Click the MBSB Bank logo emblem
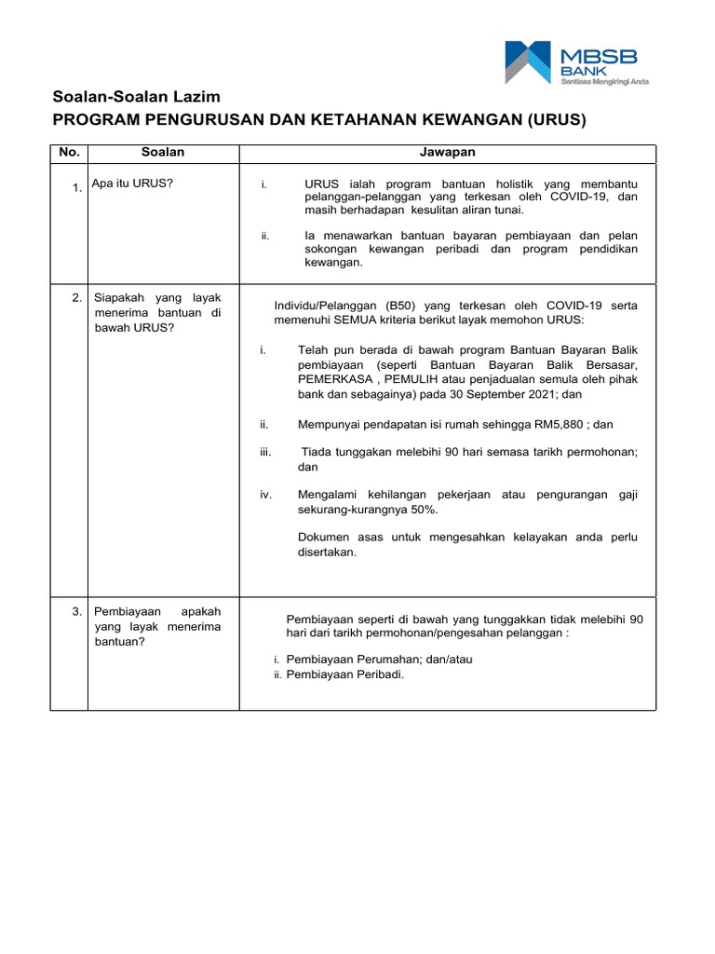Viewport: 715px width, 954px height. point(530,62)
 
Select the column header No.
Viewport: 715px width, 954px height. point(70,152)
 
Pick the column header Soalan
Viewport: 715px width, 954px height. point(163,152)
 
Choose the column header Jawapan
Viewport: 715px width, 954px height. point(448,152)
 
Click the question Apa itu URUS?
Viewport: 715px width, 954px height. point(132,184)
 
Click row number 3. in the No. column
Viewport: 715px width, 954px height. point(77,612)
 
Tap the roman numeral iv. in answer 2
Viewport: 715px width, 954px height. point(265,495)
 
